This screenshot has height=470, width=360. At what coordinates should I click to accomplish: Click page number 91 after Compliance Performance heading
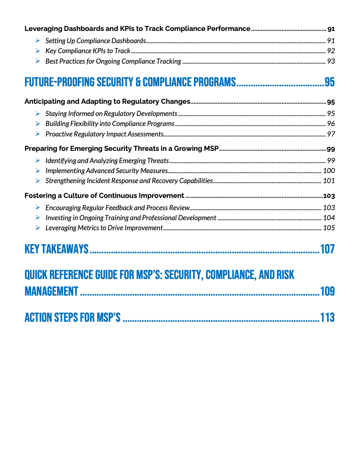pyautogui.click(x=331, y=29)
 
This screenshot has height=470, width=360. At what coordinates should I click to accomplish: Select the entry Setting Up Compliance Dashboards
pyautogui.click(x=95, y=41)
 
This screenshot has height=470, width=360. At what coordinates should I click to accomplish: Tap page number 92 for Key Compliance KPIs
pyautogui.click(x=331, y=51)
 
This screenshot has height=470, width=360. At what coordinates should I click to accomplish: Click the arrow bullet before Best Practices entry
pyautogui.click(x=38, y=61)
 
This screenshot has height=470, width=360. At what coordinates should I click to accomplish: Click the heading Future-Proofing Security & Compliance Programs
pyautogui.click(x=130, y=82)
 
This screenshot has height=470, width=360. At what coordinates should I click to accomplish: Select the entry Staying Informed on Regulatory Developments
pyautogui.click(x=111, y=114)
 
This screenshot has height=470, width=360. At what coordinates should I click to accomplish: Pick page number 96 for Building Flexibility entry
pyautogui.click(x=331, y=124)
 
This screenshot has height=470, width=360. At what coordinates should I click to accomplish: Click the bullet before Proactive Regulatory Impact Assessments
pyautogui.click(x=38, y=134)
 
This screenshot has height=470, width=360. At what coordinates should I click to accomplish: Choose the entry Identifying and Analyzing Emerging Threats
pyautogui.click(x=107, y=161)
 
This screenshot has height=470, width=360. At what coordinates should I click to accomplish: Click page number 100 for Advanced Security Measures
pyautogui.click(x=329, y=171)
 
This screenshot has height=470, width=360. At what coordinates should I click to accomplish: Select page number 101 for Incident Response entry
pyautogui.click(x=329, y=181)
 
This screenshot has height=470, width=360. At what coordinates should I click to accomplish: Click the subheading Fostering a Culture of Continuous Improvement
pyautogui.click(x=104, y=196)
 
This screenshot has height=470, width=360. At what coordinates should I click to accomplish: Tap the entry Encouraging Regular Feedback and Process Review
pyautogui.click(x=117, y=208)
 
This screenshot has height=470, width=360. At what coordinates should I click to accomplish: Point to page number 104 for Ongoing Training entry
pyautogui.click(x=329, y=218)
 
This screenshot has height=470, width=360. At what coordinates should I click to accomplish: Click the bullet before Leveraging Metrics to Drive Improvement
pyautogui.click(x=38, y=228)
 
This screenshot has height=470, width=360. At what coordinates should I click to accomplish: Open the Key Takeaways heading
pyautogui.click(x=57, y=249)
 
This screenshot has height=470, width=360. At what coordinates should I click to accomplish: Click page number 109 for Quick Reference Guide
pyautogui.click(x=327, y=291)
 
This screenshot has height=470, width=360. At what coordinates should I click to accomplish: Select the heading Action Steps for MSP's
pyautogui.click(x=72, y=317)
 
